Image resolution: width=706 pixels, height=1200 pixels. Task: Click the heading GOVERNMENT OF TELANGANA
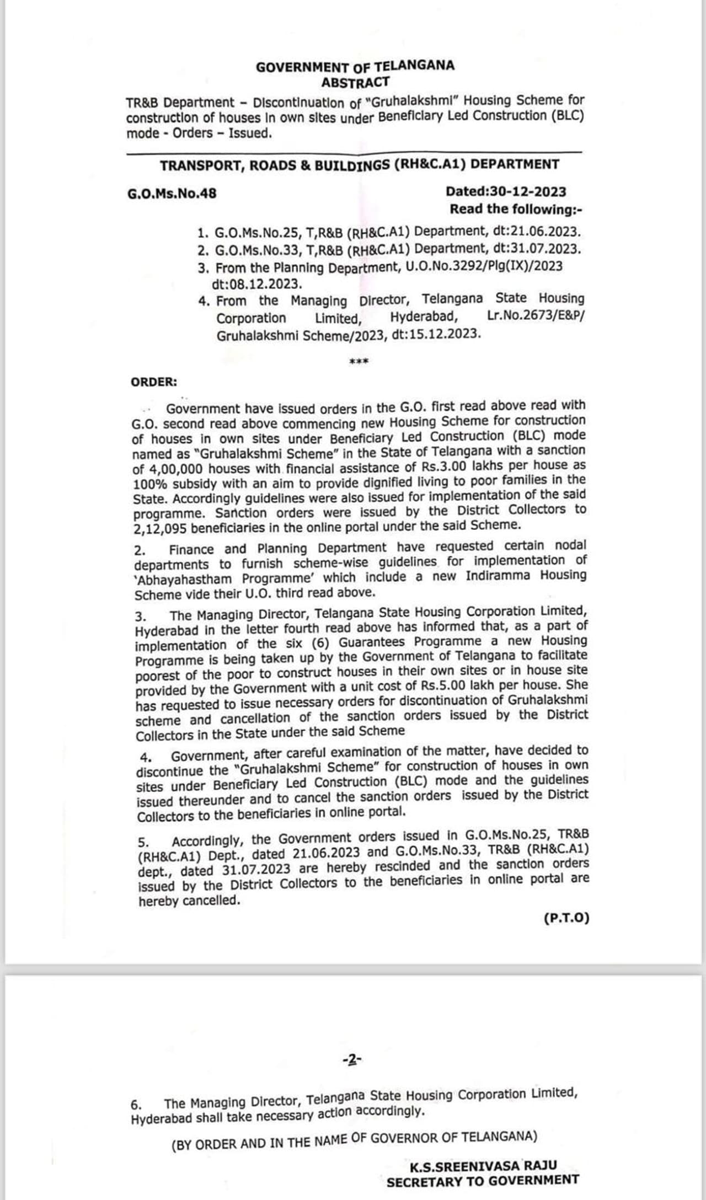(x=355, y=67)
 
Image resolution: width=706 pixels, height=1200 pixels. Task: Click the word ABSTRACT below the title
(x=355, y=83)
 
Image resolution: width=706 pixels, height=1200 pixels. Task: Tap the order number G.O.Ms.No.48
(x=172, y=194)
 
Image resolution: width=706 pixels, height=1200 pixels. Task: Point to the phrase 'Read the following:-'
(x=516, y=209)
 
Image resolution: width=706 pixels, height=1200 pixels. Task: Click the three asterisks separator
(x=359, y=362)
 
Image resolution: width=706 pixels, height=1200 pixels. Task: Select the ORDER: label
(x=154, y=382)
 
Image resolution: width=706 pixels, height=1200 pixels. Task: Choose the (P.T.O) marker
(x=566, y=918)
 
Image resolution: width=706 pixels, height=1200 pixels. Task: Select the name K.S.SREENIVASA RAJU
(x=483, y=1166)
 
